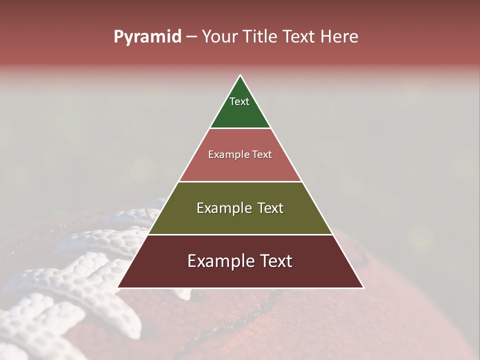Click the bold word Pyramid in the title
pyautogui.click(x=147, y=37)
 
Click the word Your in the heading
pyautogui.click(x=219, y=37)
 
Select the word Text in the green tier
pyautogui.click(x=239, y=101)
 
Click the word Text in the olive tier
pyautogui.click(x=270, y=208)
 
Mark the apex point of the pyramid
pyautogui.click(x=240, y=75)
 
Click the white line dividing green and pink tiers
pyautogui.click(x=240, y=128)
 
